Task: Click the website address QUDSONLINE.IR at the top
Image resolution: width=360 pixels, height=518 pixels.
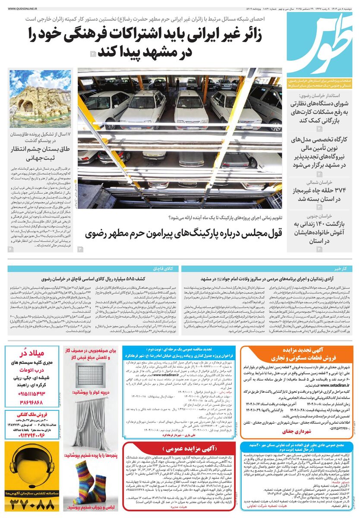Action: [x=20, y=8]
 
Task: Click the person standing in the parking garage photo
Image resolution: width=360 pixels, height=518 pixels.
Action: [x=177, y=83]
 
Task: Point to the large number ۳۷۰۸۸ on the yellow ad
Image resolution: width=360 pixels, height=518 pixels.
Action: [x=33, y=503]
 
